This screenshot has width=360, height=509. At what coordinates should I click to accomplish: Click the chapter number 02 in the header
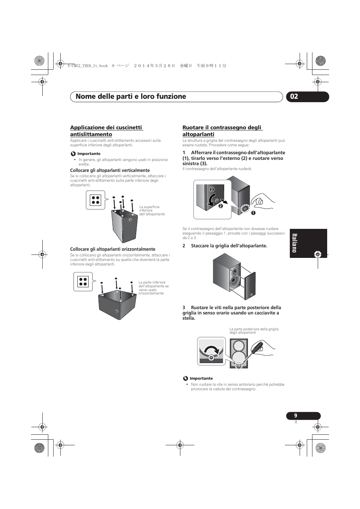point(294,97)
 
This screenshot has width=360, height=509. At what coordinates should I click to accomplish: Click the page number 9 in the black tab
point(296,415)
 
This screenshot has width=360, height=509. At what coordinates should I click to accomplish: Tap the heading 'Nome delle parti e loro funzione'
point(131,97)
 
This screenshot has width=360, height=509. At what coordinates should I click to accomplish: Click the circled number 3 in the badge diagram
point(212,189)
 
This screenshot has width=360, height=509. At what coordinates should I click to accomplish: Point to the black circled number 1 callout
point(253,213)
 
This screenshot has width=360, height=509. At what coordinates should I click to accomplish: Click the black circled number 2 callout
point(221,206)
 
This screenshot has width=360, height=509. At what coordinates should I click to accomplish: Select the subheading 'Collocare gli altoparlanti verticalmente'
point(110,170)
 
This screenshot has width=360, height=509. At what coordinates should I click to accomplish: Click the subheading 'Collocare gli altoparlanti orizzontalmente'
point(112,249)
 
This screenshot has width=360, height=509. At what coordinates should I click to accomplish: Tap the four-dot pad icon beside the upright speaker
point(95,200)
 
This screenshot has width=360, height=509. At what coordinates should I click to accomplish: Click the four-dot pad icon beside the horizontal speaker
point(83,282)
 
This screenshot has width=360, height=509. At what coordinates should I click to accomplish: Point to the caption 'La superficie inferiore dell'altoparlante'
point(152,210)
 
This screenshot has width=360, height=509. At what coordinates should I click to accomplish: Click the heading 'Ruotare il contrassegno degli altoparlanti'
point(222,131)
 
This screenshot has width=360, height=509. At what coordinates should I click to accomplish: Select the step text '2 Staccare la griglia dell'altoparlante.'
point(225,246)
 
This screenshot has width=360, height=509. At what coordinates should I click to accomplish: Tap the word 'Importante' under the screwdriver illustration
point(201,378)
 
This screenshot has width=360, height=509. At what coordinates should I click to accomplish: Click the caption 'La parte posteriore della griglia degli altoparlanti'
point(254,331)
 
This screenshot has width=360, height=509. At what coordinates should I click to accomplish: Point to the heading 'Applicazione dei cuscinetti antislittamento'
point(106,131)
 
